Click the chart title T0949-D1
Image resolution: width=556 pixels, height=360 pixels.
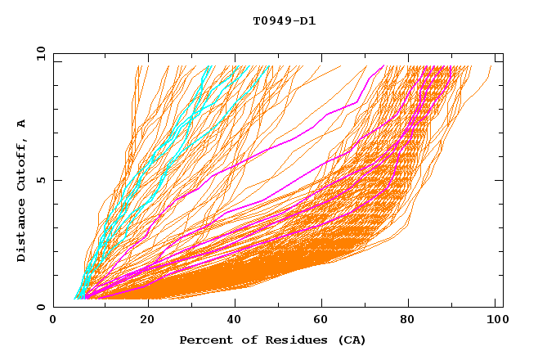tap(284, 20)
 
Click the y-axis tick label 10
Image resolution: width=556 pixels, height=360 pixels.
tap(39, 53)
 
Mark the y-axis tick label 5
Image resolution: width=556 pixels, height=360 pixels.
tap(43, 180)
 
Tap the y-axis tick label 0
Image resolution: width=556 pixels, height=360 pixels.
tap(43, 307)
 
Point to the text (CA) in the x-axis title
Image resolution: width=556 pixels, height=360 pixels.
tap(352, 340)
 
